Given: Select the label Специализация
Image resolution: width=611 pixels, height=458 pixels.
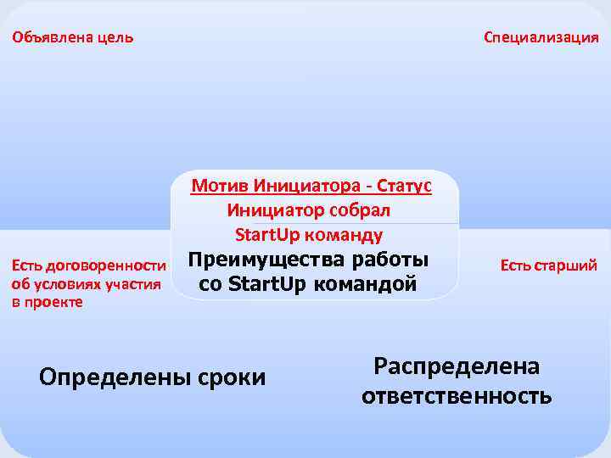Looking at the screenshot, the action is point(541,38).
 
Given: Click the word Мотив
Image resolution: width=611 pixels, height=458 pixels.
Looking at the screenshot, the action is point(214,187).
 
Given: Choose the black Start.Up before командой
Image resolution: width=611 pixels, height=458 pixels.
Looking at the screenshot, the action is point(266,283).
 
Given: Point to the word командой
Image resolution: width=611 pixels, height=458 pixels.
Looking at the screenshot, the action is point(366,283).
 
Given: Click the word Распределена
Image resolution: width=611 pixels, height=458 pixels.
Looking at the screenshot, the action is point(457,366).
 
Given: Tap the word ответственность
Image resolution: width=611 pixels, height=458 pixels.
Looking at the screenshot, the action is point(457,394).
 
